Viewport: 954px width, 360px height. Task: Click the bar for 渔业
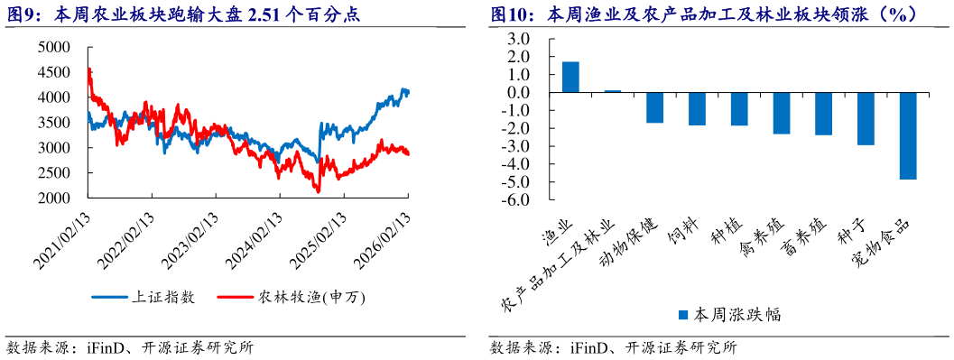tap(570, 77)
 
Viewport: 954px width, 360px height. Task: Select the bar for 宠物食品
tap(907, 135)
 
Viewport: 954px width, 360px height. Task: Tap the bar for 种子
tap(866, 118)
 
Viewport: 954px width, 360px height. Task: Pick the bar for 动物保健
tap(654, 107)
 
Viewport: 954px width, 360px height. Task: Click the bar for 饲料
tap(697, 108)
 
